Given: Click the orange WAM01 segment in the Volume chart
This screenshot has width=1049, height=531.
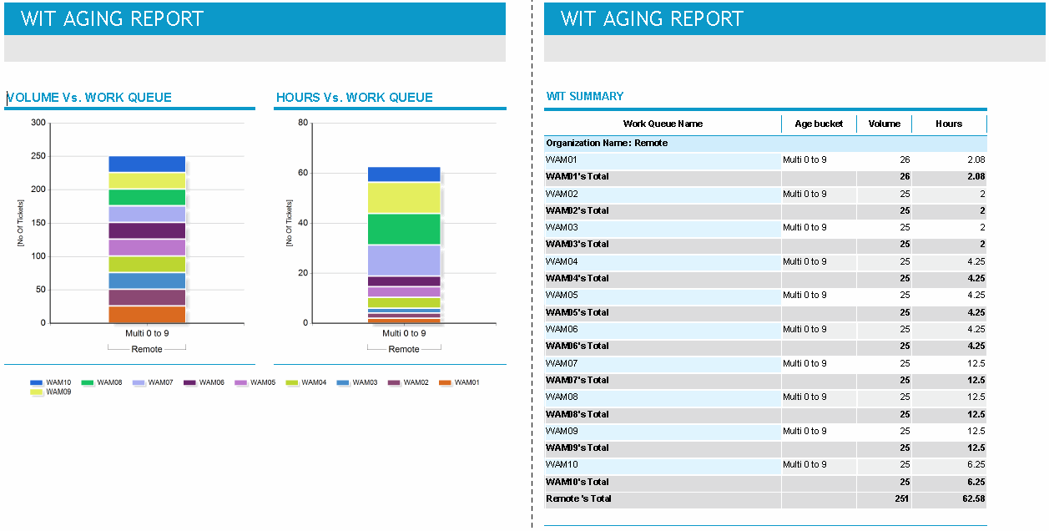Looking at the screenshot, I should (147, 315).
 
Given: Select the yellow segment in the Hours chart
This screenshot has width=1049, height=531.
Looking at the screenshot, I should (404, 198).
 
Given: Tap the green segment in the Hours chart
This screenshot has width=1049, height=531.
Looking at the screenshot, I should (404, 230).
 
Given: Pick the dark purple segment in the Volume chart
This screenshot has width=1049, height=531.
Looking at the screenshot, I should (147, 230).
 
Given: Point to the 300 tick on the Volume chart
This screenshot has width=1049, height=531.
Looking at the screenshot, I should (38, 123).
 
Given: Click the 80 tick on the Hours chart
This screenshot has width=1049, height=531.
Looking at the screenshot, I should (303, 123).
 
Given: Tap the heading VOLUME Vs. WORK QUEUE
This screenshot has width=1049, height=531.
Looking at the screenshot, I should (88, 98).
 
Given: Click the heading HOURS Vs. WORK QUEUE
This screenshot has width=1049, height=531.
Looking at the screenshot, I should (355, 98).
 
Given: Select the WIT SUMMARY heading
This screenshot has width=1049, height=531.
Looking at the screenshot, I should (585, 97).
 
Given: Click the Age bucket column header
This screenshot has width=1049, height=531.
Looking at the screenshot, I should (819, 124).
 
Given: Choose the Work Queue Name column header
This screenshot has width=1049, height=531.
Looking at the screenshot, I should (663, 124).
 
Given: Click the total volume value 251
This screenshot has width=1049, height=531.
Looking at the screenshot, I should (901, 498).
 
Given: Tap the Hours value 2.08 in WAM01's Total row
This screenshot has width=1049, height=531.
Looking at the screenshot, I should (975, 176).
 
